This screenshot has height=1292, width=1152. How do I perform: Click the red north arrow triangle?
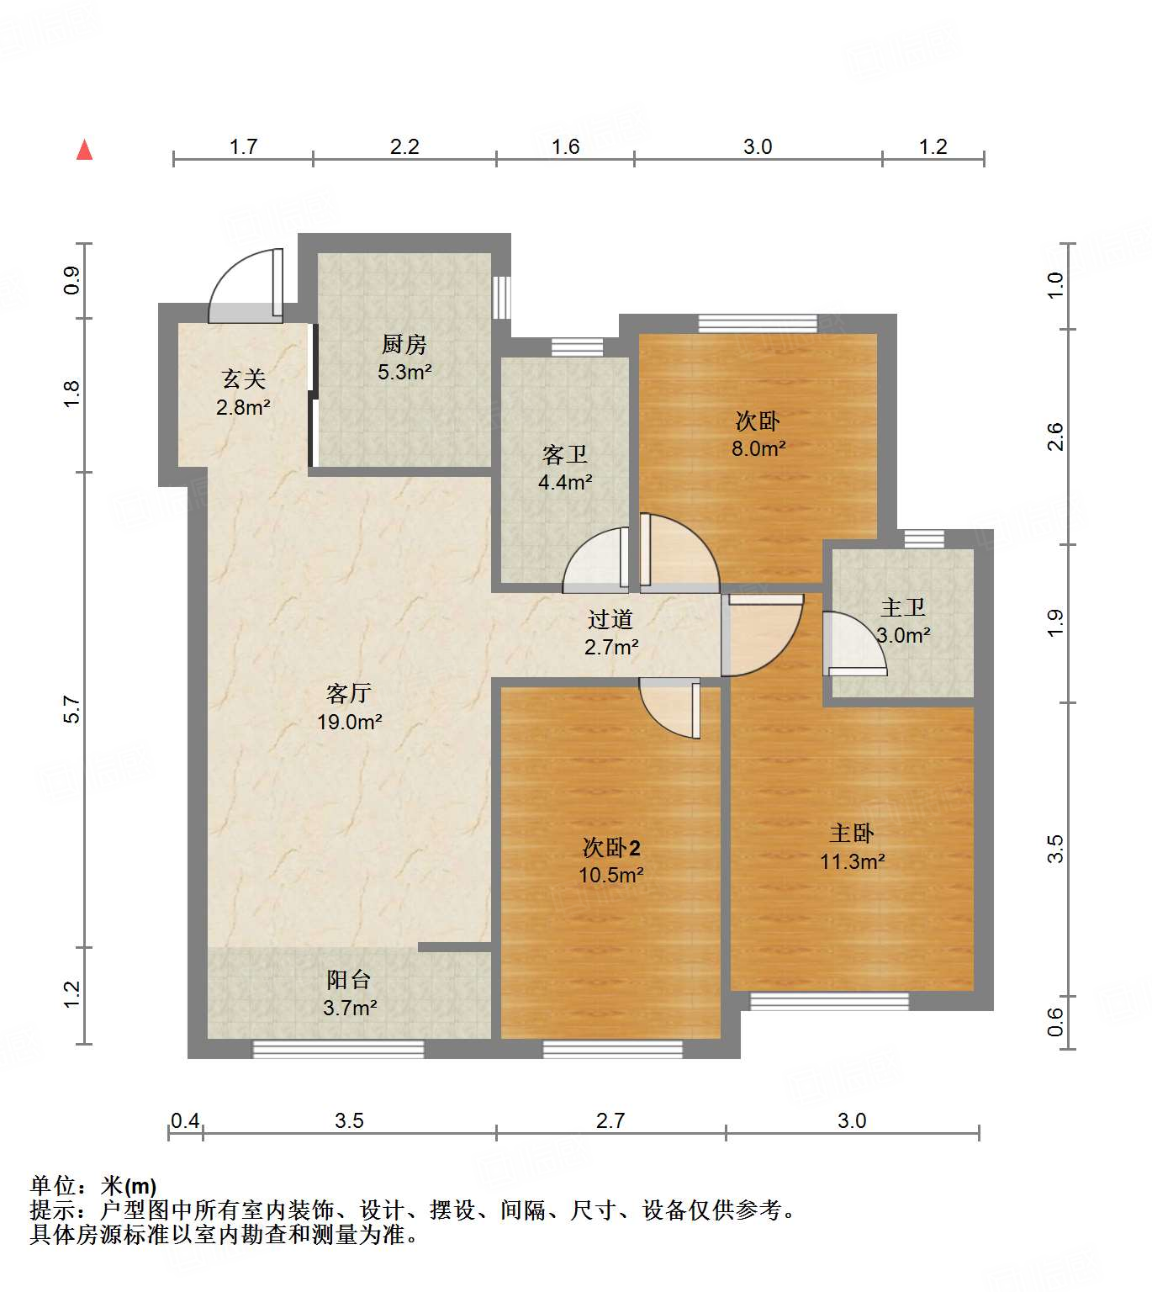click(x=84, y=151)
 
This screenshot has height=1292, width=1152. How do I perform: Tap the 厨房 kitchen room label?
click(x=404, y=344)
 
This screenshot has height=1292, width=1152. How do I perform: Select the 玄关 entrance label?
click(x=244, y=379)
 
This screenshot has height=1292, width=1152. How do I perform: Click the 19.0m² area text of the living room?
click(x=349, y=722)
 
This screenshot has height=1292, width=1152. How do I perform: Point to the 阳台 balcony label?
click(x=348, y=980)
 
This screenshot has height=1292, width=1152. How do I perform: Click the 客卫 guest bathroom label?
click(x=564, y=455)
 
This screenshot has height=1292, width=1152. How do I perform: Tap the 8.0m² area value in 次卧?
click(x=758, y=448)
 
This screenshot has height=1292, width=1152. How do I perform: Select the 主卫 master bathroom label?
click(x=903, y=607)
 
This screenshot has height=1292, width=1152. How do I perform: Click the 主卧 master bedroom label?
click(x=852, y=834)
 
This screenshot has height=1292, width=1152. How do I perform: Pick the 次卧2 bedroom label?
click(x=611, y=848)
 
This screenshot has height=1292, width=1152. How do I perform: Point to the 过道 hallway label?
click(x=610, y=620)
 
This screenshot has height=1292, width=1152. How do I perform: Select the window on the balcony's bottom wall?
click(x=338, y=1049)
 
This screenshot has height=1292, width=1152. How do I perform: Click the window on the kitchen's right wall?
click(x=501, y=297)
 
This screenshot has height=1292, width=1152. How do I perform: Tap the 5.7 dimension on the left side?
click(x=72, y=709)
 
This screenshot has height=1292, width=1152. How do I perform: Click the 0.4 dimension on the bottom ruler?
click(x=185, y=1120)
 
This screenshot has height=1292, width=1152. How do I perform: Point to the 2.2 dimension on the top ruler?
click(x=404, y=147)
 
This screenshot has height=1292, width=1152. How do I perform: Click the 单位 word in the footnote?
click(x=52, y=1186)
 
